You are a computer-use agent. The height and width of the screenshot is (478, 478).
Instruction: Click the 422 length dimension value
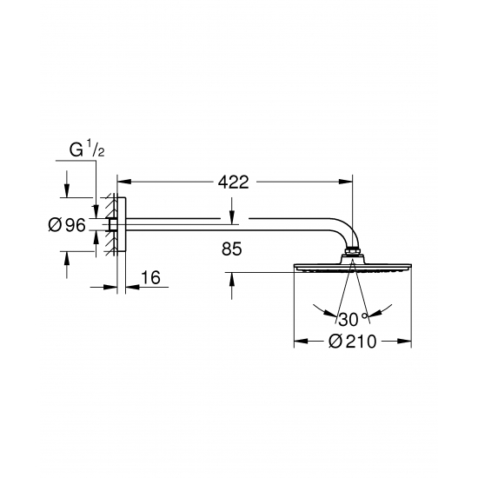(x=234, y=183)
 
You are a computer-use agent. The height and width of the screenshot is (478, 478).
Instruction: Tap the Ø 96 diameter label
(x=67, y=225)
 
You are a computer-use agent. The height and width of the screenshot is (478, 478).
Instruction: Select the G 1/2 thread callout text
(x=87, y=149)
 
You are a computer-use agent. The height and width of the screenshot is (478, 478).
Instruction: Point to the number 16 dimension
(x=150, y=277)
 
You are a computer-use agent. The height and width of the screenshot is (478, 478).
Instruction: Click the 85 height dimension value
(x=232, y=249)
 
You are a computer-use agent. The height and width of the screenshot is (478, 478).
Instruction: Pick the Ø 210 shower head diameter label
(x=352, y=342)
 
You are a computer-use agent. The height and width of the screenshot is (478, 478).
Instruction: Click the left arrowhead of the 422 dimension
(x=124, y=182)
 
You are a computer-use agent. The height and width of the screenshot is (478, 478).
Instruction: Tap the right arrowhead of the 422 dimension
(x=345, y=182)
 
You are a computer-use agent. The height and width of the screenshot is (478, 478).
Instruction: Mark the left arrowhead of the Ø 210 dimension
(x=301, y=342)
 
